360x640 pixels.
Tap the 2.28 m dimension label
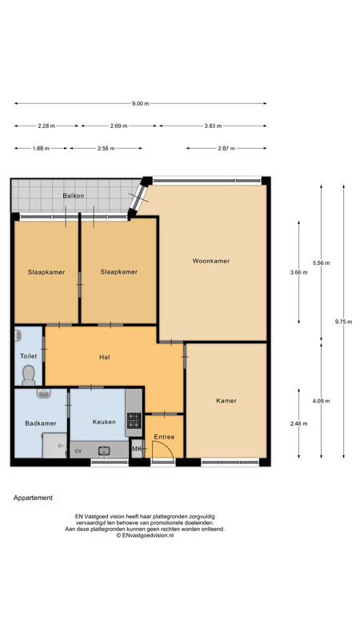point(46,126)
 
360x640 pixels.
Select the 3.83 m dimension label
point(213,126)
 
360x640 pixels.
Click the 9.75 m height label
point(343,322)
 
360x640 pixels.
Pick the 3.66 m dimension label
point(298,273)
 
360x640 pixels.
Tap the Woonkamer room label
point(211,261)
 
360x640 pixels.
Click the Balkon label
point(74,195)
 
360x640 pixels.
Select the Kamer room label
point(226,401)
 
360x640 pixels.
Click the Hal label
point(105,357)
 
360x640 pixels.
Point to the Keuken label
point(104,422)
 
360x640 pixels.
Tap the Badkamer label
point(41,423)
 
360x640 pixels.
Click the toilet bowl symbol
point(29,375)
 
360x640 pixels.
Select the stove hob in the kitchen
point(134,421)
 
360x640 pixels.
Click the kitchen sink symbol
point(104,451)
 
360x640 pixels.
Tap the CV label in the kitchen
point(78,451)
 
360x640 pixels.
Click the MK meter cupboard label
point(137,449)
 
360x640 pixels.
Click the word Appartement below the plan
point(33,498)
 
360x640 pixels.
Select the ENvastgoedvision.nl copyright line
point(145,535)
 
